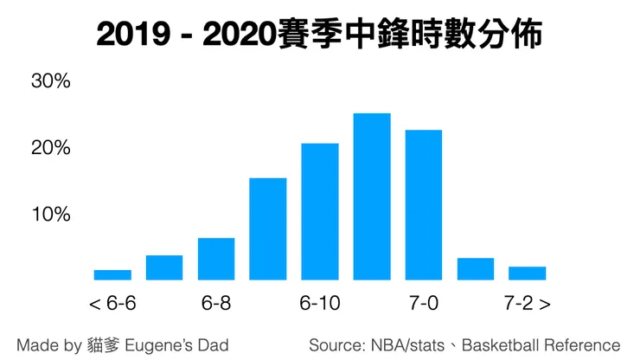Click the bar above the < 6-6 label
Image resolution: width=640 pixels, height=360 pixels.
click(112, 274)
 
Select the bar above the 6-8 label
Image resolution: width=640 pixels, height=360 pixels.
click(216, 259)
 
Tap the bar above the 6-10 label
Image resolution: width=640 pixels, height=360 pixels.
click(320, 211)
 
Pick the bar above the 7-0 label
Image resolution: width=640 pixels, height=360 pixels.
click(424, 205)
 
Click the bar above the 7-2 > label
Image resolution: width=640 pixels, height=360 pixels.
click(527, 273)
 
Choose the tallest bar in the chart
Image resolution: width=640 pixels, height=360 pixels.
click(372, 196)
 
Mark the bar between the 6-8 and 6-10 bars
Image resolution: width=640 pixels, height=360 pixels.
click(268, 228)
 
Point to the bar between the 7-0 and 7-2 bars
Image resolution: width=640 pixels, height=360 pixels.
click(476, 268)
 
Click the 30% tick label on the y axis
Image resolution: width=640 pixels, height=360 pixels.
click(50, 82)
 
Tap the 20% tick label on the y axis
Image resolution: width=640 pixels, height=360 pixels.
click(50, 148)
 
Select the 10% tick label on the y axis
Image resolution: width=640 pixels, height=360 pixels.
click(50, 214)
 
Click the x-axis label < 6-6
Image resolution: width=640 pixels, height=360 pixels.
click(112, 304)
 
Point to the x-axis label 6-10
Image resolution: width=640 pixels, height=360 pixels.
click(320, 304)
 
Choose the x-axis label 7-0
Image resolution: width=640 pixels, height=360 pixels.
click(424, 304)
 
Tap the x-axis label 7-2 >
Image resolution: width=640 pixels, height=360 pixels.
click(528, 304)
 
